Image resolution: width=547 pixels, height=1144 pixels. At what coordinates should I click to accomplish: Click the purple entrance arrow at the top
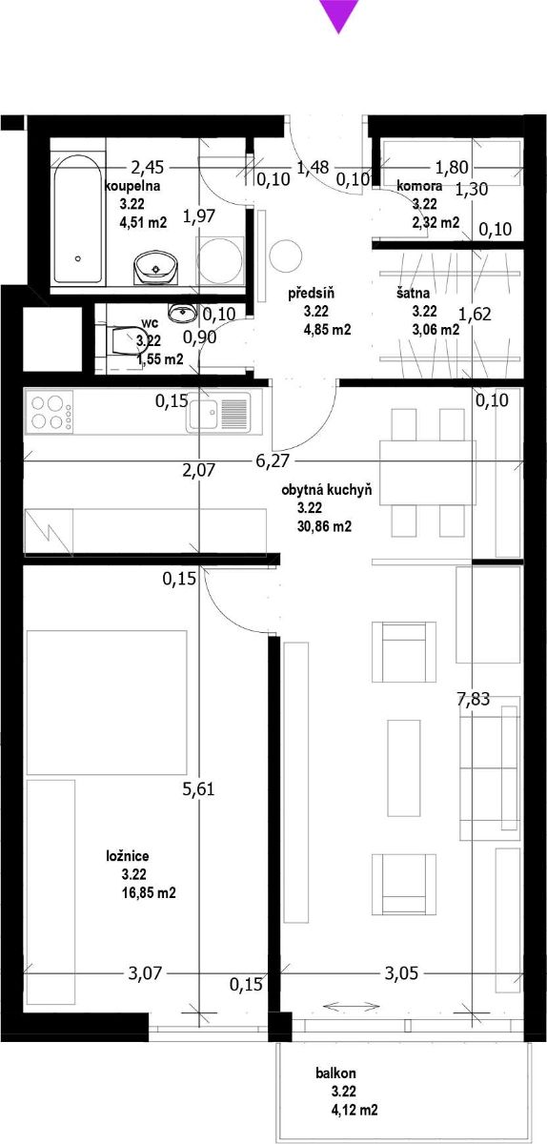tap(338, 14)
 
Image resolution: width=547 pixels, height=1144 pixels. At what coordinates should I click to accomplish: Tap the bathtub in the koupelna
tap(77, 218)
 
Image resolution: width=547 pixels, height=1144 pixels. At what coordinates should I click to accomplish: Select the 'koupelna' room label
tap(132, 186)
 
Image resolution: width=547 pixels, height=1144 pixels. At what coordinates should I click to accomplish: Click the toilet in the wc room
tap(124, 340)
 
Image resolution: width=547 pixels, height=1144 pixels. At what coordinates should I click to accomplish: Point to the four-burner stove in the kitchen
tap(48, 412)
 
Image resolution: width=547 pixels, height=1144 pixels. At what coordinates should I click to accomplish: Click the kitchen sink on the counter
tap(218, 414)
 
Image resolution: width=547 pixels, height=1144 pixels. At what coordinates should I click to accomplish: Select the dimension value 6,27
tap(273, 460)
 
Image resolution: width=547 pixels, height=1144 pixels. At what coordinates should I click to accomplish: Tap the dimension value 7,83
tap(473, 699)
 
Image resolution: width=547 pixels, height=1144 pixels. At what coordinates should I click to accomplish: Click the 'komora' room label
tap(419, 186)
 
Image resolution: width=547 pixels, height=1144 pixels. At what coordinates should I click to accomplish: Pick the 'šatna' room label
tap(413, 294)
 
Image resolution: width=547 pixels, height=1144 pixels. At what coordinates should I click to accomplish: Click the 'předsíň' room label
tap(311, 294)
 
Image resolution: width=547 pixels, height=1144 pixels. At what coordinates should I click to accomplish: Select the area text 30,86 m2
tap(324, 526)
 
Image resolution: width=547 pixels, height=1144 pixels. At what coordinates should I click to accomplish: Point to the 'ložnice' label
tap(128, 856)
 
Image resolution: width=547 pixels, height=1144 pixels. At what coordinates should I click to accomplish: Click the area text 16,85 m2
tap(148, 892)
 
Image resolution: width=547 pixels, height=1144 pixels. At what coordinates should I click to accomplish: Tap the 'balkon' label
tap(335, 1073)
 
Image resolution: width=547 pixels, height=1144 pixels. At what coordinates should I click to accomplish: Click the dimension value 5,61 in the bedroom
tap(198, 789)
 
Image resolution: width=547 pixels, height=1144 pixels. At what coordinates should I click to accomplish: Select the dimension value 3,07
tap(145, 973)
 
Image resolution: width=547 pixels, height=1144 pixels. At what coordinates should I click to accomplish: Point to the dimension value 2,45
tap(148, 167)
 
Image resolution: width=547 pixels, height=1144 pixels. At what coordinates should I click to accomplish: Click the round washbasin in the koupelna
tap(155, 266)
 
